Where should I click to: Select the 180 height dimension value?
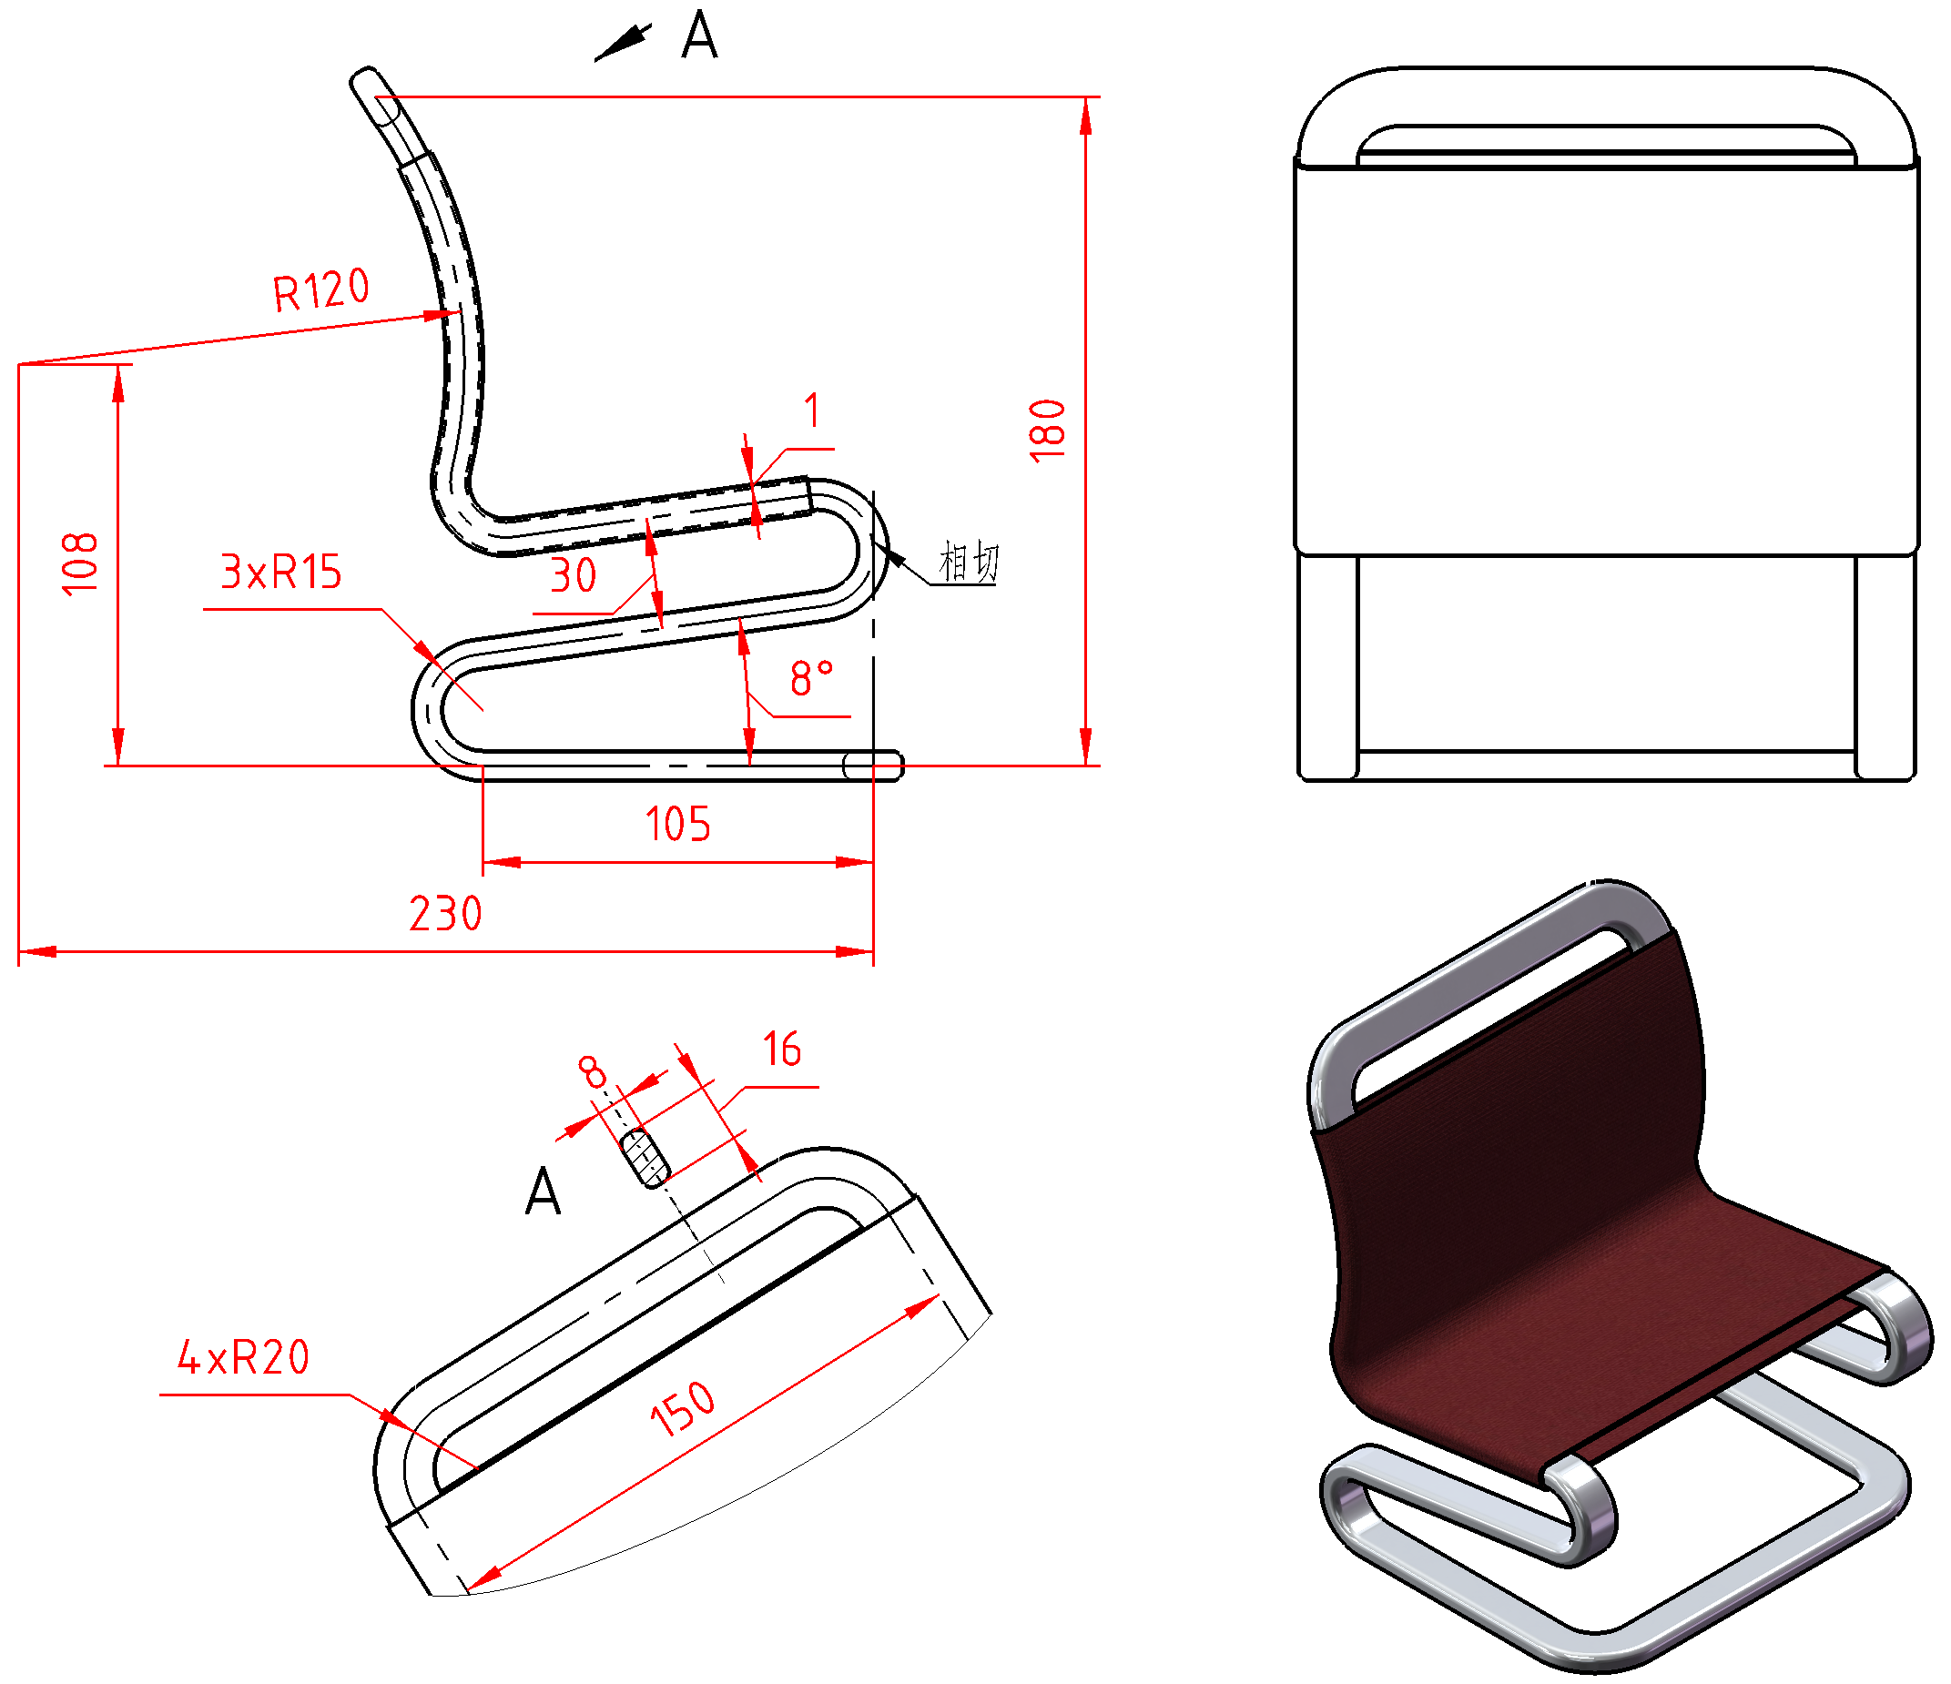click(x=1048, y=431)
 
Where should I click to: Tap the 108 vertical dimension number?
click(x=80, y=563)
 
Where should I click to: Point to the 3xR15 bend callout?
click(x=280, y=572)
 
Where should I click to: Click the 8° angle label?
click(x=812, y=678)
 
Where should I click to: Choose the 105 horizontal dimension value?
click(x=678, y=824)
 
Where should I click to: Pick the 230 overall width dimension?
click(x=445, y=913)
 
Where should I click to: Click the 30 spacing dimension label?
click(x=574, y=575)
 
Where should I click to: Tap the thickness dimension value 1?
click(x=812, y=411)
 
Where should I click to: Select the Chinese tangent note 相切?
click(x=969, y=562)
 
